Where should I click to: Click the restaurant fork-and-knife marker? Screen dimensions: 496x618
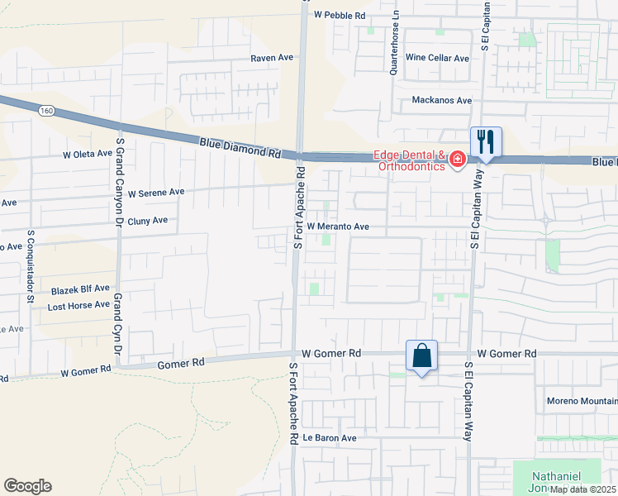click(486, 143)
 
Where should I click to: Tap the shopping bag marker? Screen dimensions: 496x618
click(421, 356)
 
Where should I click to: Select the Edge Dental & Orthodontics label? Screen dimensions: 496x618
click(410, 160)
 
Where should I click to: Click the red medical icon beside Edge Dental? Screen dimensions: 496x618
click(456, 161)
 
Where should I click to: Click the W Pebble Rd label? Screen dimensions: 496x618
click(340, 15)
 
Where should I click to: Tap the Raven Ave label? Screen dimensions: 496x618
click(273, 59)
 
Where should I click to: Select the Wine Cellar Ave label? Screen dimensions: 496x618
click(438, 59)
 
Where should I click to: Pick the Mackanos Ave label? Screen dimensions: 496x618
click(442, 100)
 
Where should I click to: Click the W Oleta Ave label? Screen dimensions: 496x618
click(87, 154)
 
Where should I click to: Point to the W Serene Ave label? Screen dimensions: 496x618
click(156, 192)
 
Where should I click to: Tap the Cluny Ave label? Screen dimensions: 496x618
click(148, 221)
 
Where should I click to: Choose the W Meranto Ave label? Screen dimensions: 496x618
click(338, 226)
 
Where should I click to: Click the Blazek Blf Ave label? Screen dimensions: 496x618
click(78, 289)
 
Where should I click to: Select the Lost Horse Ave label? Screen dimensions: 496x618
click(78, 304)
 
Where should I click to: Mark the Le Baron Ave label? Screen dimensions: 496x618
click(329, 437)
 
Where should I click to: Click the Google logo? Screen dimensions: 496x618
click(27, 486)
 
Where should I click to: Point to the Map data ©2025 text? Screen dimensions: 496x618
click(583, 489)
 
